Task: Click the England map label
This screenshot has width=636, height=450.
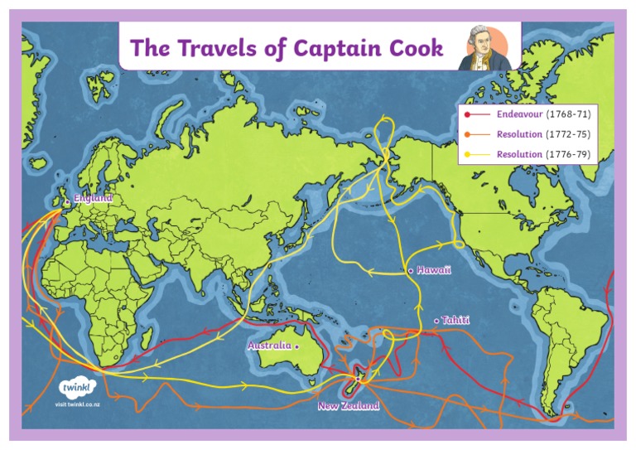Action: (93, 199)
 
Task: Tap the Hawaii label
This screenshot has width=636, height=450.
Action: (434, 271)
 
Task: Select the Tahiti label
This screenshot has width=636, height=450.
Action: (457, 320)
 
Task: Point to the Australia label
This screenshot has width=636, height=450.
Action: (268, 346)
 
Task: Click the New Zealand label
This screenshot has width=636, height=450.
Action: (349, 406)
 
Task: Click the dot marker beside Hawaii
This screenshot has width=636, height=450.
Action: (410, 271)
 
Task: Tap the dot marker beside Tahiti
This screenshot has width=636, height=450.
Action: (436, 321)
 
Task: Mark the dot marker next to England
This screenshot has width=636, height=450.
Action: (67, 201)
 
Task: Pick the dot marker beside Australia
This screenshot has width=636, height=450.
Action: (296, 346)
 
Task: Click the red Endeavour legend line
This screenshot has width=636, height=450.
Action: (478, 114)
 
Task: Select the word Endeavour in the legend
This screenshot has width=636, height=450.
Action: (519, 114)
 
